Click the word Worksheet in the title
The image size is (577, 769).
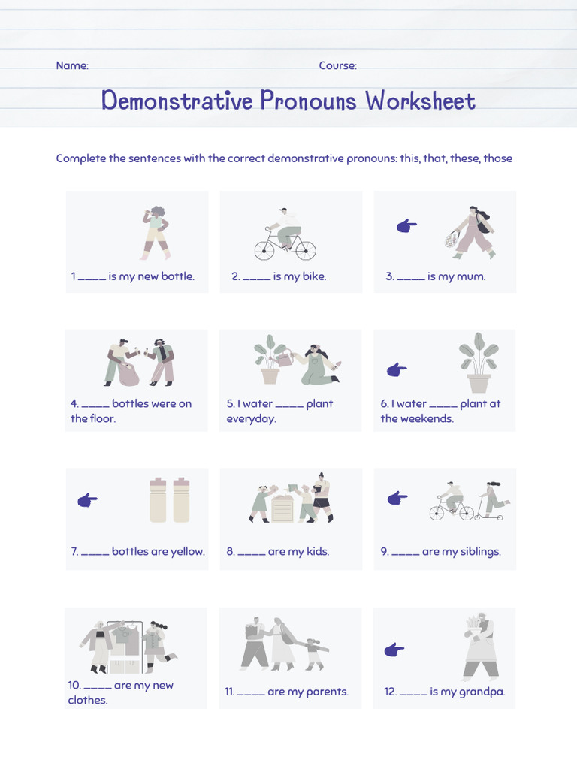[x=421, y=101]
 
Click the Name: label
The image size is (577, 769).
[x=72, y=65]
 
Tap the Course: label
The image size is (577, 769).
[x=337, y=65]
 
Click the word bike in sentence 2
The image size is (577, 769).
[x=314, y=276]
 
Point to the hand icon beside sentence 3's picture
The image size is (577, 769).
[x=406, y=225]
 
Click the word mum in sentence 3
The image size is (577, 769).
[x=471, y=276]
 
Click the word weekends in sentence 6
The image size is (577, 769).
[x=427, y=418]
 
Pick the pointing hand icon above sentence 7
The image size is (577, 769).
[x=88, y=500]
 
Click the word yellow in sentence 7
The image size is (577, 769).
[x=187, y=551]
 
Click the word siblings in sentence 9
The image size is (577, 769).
[x=480, y=551]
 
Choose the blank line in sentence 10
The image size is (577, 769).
[x=98, y=686]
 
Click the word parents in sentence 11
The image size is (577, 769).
[x=328, y=692]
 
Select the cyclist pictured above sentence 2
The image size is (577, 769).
[x=285, y=235]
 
